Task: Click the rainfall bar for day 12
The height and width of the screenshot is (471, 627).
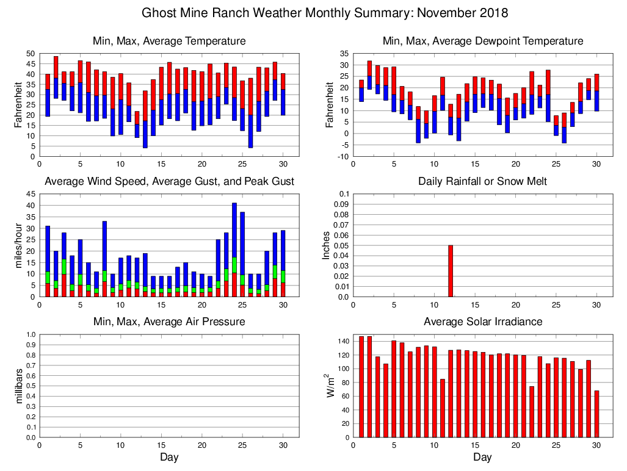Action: pyautogui.click(x=451, y=271)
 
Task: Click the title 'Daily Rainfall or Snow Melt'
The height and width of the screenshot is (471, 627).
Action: pyautogui.click(x=482, y=181)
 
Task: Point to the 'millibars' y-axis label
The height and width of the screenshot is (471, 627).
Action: pyautogui.click(x=17, y=386)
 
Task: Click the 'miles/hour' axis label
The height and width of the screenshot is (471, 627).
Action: pyautogui.click(x=17, y=245)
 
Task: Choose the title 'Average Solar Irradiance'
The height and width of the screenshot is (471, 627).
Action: pyautogui.click(x=482, y=322)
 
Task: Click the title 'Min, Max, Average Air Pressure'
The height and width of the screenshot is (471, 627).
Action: pyautogui.click(x=169, y=322)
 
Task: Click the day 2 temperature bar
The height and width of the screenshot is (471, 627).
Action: pyautogui.click(x=56, y=77)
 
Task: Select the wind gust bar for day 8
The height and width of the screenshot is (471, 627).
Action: pyautogui.click(x=104, y=256)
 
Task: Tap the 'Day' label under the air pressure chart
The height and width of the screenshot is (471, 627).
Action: pyautogui.click(x=169, y=457)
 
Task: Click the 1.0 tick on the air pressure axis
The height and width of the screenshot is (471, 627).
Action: pyautogui.click(x=29, y=335)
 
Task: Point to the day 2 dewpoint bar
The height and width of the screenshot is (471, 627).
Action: pyautogui.click(x=369, y=75)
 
